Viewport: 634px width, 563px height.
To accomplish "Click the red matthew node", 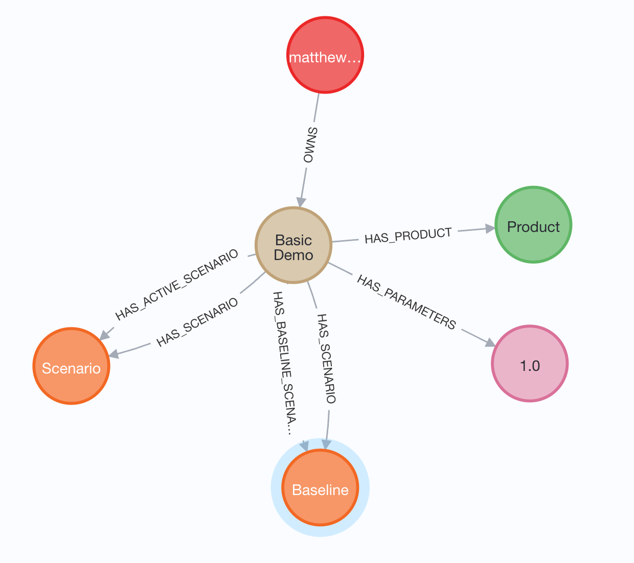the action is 325,55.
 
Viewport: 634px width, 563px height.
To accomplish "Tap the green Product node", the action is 533,225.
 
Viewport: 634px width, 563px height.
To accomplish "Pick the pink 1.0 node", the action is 530,364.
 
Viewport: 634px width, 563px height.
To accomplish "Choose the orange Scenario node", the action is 72,366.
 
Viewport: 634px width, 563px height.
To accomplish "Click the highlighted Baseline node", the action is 321,488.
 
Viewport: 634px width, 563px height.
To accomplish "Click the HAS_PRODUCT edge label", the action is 408,236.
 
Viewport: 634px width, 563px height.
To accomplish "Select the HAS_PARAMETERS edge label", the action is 406,302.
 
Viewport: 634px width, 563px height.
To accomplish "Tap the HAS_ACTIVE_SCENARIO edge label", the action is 177,284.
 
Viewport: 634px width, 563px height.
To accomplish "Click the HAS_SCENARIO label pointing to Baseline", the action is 326,359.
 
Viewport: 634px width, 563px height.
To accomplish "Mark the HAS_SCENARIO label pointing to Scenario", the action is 197,322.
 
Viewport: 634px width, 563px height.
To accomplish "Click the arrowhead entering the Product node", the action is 490,228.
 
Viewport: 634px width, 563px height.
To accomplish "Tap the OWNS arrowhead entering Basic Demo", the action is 301,201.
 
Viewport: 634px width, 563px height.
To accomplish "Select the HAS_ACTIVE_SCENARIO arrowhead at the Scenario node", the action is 104,335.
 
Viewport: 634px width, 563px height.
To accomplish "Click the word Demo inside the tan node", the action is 293,255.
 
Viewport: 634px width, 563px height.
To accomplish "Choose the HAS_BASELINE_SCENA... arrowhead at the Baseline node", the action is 305,445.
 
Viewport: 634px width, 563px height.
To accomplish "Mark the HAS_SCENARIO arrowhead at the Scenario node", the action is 114,354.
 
